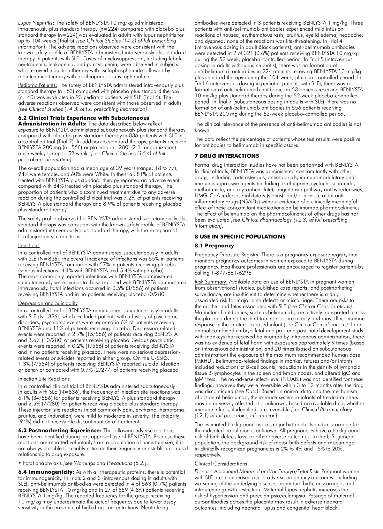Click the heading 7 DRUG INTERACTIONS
click(227, 156)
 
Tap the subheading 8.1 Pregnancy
click(214, 246)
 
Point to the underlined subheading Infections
click(29, 246)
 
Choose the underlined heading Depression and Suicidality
click(48, 303)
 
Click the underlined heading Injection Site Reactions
click(44, 379)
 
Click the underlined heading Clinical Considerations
click(221, 464)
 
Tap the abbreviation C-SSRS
click(158, 358)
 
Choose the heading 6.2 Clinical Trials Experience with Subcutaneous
click(84, 118)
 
